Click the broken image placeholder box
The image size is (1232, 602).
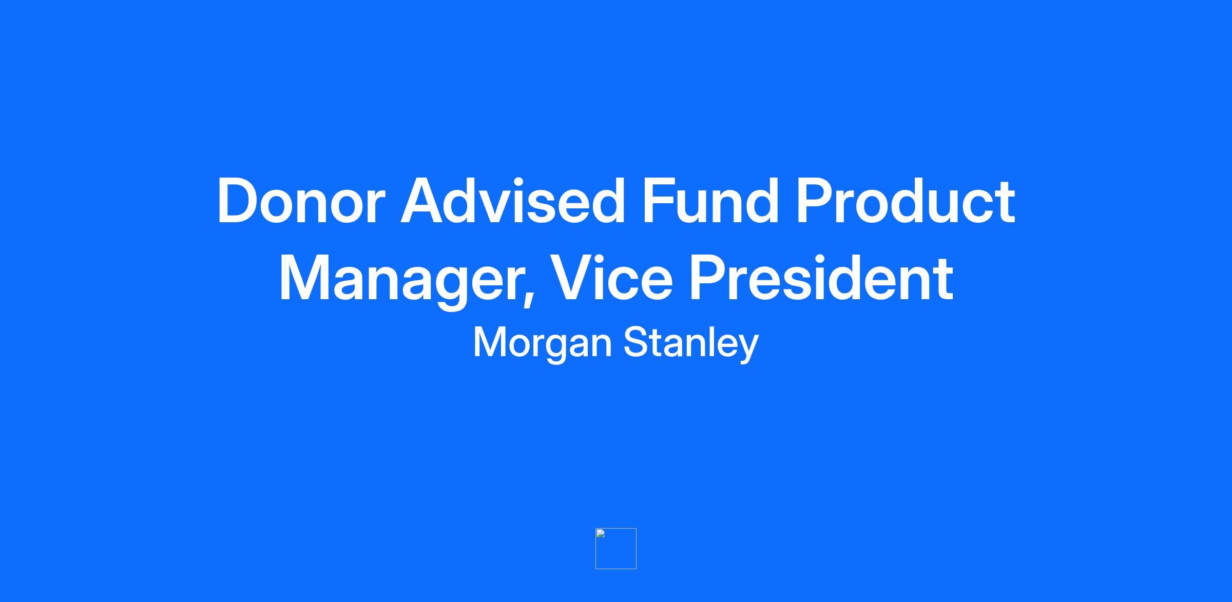point(616,549)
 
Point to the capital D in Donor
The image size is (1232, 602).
point(238,201)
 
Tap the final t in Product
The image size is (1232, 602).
point(1007,203)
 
